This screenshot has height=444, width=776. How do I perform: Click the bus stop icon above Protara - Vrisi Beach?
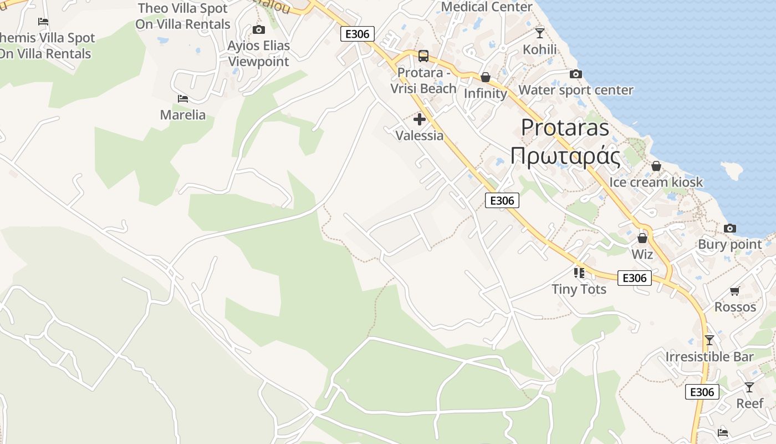point(423,56)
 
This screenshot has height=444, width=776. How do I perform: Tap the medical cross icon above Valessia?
point(420,119)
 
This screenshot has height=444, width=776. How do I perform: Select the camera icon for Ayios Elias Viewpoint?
point(258,29)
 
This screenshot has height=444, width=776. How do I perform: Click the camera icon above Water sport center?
point(576,74)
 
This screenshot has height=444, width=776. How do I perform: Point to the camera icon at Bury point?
point(730,228)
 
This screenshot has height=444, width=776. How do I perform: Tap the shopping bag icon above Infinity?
point(486,77)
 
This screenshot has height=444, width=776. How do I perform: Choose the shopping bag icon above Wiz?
point(642,238)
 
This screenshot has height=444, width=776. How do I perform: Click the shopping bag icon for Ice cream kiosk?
point(656,166)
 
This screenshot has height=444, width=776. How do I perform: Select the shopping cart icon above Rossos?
point(735,291)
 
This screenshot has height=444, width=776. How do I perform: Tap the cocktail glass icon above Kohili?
point(540,33)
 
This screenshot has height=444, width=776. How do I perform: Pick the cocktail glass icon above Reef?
point(749,387)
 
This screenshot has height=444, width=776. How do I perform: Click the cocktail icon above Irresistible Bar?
point(709,340)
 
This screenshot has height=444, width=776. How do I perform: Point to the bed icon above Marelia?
point(183,99)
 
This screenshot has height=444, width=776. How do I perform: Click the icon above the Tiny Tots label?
point(579,273)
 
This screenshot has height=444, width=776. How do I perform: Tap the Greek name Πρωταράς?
point(565,157)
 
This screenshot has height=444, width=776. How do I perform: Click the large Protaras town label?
point(565,128)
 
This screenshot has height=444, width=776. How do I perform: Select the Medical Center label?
point(487,7)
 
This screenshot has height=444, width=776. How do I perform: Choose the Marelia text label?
point(183,115)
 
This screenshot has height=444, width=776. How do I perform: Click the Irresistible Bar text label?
point(709,356)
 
